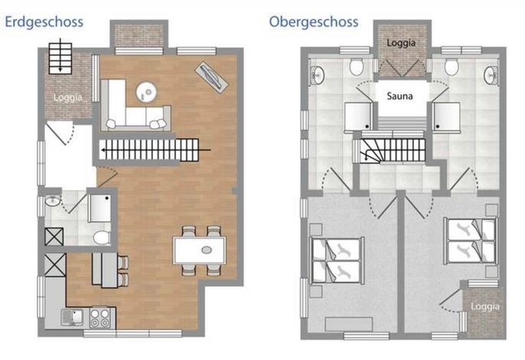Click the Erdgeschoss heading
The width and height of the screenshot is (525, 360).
[44, 22]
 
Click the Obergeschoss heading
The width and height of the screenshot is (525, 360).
[314, 22]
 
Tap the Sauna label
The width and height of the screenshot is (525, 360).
[399, 97]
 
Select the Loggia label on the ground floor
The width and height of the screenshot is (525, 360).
[68, 98]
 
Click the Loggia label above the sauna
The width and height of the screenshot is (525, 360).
[401, 43]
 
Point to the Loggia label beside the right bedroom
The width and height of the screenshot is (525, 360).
[485, 306]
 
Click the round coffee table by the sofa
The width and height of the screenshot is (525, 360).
[146, 92]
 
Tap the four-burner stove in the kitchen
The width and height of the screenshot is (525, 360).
[100, 318]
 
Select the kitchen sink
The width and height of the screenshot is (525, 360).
[72, 317]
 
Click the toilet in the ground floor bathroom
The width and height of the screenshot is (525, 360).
[102, 237]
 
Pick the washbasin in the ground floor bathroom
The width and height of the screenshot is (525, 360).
[53, 201]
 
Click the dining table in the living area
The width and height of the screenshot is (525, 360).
[200, 250]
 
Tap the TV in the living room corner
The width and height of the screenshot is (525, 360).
[211, 77]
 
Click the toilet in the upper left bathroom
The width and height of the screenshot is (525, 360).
[357, 67]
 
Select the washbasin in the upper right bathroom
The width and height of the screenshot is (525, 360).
[491, 75]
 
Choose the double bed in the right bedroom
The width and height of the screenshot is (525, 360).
[470, 241]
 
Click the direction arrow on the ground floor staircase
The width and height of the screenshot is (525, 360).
[156, 150]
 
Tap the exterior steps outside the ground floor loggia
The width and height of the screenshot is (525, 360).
[60, 57]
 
